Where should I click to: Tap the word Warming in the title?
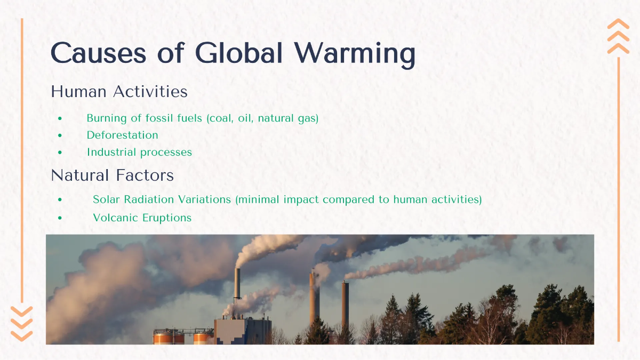(355, 53)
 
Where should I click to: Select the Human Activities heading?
(119, 92)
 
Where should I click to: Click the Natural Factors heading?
(112, 175)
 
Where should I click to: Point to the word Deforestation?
(122, 135)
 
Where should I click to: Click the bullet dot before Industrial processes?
(60, 153)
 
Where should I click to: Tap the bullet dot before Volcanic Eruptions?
(60, 218)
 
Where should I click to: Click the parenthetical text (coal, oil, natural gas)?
(262, 118)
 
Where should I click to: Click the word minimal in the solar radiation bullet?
(257, 199)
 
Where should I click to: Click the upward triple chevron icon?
(618, 36)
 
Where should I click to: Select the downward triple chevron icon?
(21, 324)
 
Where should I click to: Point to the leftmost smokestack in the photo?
(237, 285)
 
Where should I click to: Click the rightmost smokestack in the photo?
(345, 304)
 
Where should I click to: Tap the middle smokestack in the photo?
(314, 299)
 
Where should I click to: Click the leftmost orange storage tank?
(169, 337)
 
